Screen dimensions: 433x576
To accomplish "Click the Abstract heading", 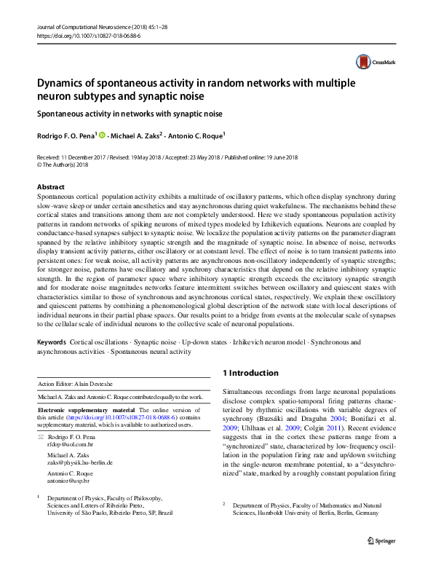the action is tap(51, 187).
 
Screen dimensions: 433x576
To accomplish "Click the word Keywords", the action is tap(51, 342).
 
